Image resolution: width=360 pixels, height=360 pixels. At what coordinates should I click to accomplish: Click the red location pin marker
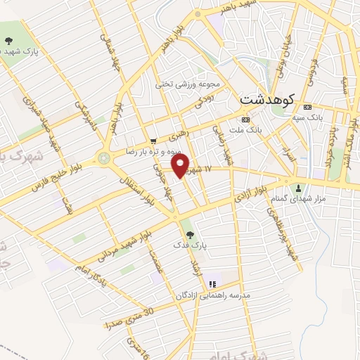181,166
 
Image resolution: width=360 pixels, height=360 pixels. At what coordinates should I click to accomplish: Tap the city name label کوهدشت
266,99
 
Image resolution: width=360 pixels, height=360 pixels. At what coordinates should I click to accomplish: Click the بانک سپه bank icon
306,107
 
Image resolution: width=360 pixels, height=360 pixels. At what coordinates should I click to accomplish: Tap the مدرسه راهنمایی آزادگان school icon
212,284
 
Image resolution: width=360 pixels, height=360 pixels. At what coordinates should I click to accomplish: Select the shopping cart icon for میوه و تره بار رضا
153,140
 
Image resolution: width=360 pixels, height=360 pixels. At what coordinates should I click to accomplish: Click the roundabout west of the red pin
105,158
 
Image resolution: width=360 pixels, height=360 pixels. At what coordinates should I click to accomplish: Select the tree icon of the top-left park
8,41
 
